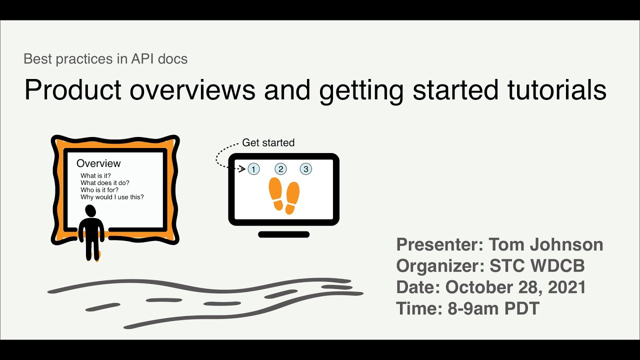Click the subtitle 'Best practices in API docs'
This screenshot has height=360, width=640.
pyautogui.click(x=105, y=59)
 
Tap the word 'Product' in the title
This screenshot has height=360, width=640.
pyautogui.click(x=73, y=90)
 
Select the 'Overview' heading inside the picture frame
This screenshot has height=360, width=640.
pyautogui.click(x=98, y=163)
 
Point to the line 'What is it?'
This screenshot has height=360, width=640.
pyautogui.click(x=95, y=175)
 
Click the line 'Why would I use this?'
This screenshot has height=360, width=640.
pyautogui.click(x=112, y=197)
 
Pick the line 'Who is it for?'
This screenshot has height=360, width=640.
pyautogui.click(x=99, y=190)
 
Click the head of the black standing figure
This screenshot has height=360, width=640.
pyautogui.click(x=91, y=211)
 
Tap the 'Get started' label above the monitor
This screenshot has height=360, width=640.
pyautogui.click(x=268, y=142)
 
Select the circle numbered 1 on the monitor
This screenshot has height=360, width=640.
pyautogui.click(x=254, y=169)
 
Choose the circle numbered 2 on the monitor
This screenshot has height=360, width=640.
pyautogui.click(x=280, y=169)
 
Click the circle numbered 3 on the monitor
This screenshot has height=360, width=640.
pyautogui.click(x=306, y=169)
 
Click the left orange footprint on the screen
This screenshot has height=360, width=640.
pyautogui.click(x=276, y=192)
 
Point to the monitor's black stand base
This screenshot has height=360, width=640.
pyautogui.click(x=283, y=234)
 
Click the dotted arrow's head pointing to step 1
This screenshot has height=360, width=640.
pyautogui.click(x=243, y=169)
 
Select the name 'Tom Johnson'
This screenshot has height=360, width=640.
pyautogui.click(x=545, y=244)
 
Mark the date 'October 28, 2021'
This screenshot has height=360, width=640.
pyautogui.click(x=515, y=287)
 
